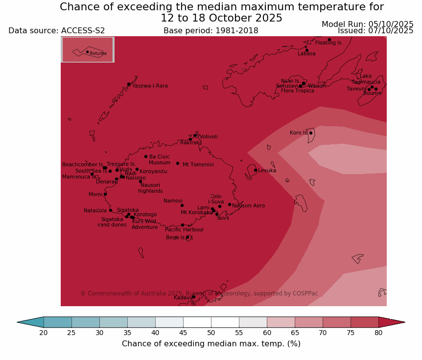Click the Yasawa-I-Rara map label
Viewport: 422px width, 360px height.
tap(150, 86)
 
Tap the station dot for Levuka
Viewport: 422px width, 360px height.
tap(256, 170)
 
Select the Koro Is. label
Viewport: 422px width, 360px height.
tap(299, 133)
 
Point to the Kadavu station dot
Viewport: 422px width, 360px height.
tap(193, 296)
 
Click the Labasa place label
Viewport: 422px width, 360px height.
tap(306, 54)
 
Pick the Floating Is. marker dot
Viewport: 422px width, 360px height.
tap(329, 40)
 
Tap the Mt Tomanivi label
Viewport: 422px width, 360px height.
tap(198, 165)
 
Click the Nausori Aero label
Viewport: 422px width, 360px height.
tap(249, 206)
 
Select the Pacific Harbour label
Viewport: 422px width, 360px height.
tap(184, 230)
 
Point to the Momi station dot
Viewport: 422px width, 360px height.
tap(105, 194)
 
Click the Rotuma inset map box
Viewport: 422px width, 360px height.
tap(88, 49)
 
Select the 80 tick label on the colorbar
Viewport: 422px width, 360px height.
tap(378, 333)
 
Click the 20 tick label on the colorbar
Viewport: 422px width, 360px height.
tap(44, 333)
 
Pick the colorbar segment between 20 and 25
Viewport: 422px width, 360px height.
tap(58, 322)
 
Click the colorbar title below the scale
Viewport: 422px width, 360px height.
tap(211, 344)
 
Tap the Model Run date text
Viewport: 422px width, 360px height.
tap(367, 24)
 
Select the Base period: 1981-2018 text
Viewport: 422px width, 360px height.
tap(211, 31)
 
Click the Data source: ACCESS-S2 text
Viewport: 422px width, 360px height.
tap(57, 31)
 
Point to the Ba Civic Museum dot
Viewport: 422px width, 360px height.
tap(146, 157)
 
